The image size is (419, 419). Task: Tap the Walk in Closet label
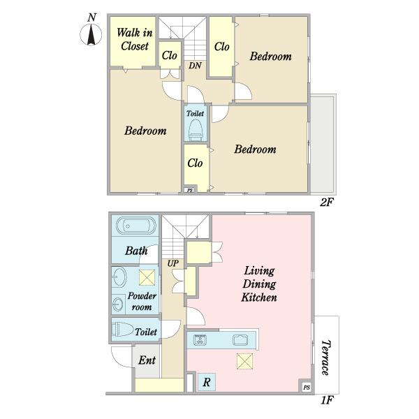click(x=135, y=39)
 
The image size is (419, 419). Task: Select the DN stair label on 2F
click(x=195, y=66)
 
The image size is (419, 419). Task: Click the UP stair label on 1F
click(x=173, y=263)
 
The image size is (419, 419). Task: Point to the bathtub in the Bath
click(x=136, y=226)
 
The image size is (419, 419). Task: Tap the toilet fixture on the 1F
click(x=123, y=330)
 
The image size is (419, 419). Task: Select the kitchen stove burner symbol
click(x=200, y=339)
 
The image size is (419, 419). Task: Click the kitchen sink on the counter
click(x=240, y=340)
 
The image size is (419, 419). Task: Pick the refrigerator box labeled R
click(x=206, y=382)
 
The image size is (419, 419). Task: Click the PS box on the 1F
click(x=307, y=387)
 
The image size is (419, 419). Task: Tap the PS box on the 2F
click(x=190, y=190)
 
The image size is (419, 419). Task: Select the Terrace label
click(x=325, y=358)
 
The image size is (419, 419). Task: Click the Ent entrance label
click(x=147, y=360)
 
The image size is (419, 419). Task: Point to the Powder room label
click(x=142, y=301)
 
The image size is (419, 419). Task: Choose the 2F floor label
click(x=327, y=203)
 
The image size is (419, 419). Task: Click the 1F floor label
click(x=327, y=400)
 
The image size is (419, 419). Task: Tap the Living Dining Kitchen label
click(x=259, y=284)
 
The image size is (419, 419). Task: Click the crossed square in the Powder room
click(x=147, y=278)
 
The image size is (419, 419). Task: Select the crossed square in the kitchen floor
click(x=245, y=361)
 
